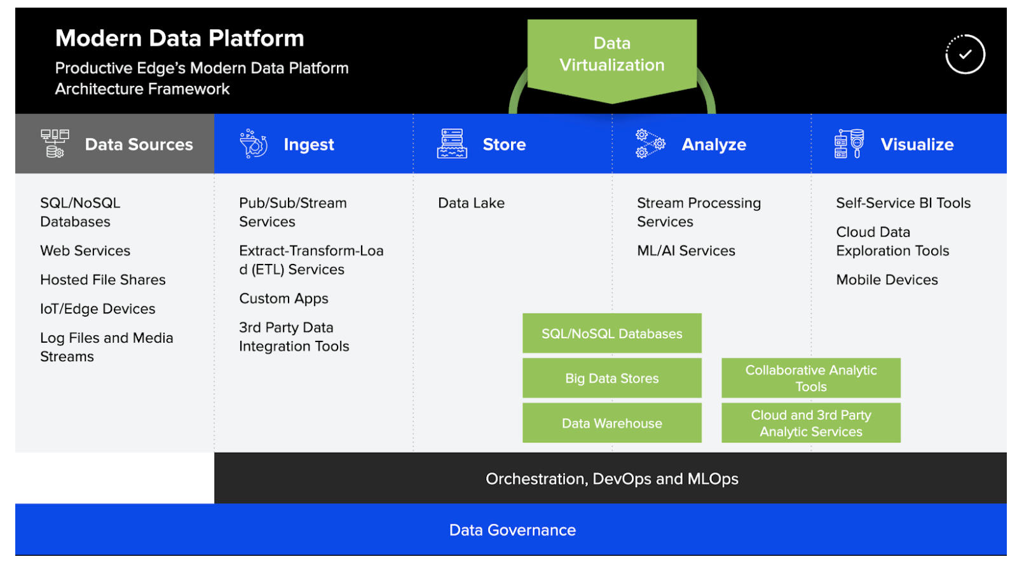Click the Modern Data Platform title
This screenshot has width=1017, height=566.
tap(179, 38)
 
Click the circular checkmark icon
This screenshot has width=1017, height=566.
tap(964, 55)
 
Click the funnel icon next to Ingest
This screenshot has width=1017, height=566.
tap(253, 144)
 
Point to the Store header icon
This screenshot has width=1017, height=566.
tap(451, 144)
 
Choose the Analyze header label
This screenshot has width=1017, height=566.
tap(713, 145)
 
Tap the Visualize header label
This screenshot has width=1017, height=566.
tap(917, 145)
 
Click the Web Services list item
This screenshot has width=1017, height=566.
tap(85, 251)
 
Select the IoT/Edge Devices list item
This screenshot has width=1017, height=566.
tap(97, 309)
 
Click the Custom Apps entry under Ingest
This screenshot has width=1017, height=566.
tap(283, 298)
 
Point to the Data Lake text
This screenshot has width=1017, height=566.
tap(471, 203)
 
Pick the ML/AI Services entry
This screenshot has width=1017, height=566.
tap(686, 251)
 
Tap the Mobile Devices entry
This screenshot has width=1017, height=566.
tap(887, 280)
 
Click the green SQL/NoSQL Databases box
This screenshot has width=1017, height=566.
tap(611, 333)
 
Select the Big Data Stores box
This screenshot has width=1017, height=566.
tap(611, 378)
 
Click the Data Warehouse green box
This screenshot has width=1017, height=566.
tap(611, 423)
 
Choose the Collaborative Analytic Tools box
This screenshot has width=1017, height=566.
tap(810, 378)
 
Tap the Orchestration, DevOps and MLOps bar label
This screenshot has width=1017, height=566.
tap(611, 479)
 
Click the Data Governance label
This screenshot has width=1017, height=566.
tap(512, 530)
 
